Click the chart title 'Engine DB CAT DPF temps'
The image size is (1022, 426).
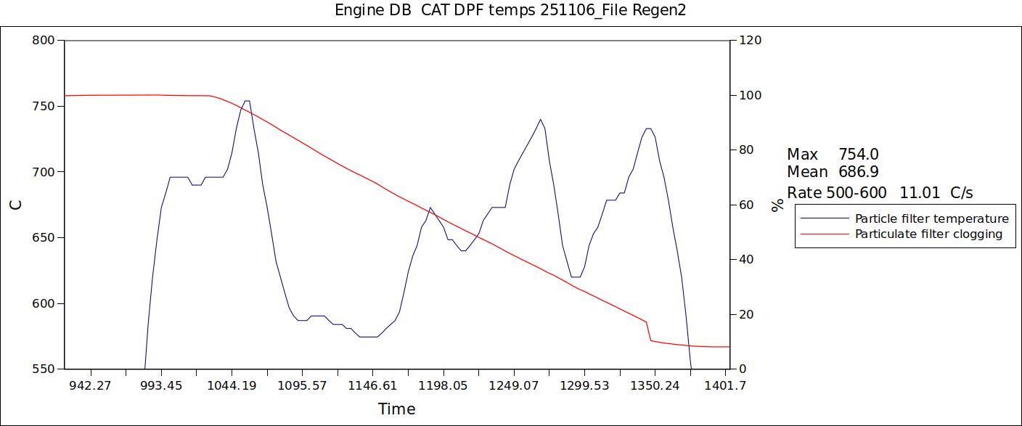pos(510,10)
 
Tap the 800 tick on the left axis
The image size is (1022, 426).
pos(44,41)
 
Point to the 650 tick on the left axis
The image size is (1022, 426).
pos(44,238)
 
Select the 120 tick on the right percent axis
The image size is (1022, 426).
pos(750,41)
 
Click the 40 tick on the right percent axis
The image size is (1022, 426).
pos(747,260)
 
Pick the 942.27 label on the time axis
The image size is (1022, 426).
pos(90,385)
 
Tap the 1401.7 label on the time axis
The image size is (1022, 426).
pos(727,385)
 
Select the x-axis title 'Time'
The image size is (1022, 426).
pos(396,409)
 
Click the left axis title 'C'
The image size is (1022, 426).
pos(16,205)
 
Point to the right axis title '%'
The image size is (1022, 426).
pos(778,205)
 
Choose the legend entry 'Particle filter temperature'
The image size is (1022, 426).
pos(931,218)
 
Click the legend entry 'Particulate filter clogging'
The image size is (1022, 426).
pos(928,234)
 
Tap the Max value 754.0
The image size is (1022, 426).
pos(858,155)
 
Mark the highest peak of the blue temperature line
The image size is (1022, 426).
pos(247,101)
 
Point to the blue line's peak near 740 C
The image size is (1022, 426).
pos(541,120)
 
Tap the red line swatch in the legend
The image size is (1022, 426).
pos(824,234)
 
